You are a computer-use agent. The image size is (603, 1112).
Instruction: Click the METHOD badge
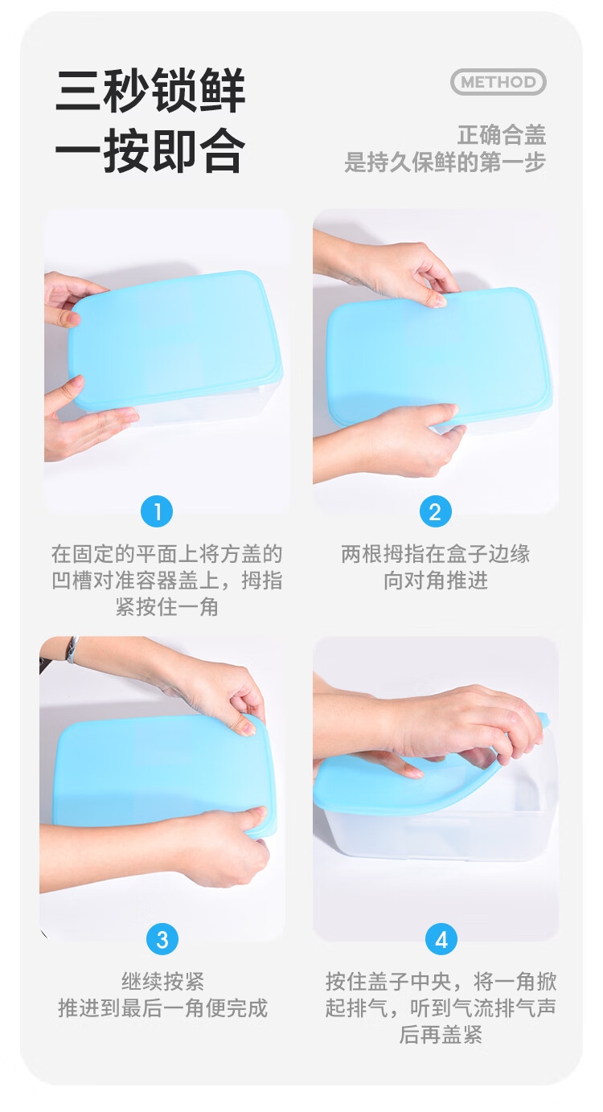pos(498,82)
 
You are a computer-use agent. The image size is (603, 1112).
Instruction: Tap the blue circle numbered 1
pos(157,511)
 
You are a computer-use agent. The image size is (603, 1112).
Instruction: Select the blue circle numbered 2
pos(435,511)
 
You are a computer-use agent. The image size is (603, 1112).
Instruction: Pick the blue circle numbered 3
pos(162,939)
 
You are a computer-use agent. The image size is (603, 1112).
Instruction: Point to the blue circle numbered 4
pos(441,939)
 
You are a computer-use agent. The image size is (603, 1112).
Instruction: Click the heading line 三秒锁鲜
pos(151,91)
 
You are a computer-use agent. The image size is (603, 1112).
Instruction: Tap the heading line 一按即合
pos(151,150)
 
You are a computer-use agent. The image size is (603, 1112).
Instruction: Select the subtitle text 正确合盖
pos(502,135)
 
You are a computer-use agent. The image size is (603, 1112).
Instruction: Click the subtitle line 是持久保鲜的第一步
pos(445,162)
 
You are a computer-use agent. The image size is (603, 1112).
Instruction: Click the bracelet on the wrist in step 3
pos(72,649)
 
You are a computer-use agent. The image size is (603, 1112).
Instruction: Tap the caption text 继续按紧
pos(162,982)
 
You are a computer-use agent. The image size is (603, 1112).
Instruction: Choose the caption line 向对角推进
pos(435,580)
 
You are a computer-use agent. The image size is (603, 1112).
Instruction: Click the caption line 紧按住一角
pos(166,606)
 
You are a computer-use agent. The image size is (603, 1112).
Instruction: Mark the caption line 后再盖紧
pos(441,1035)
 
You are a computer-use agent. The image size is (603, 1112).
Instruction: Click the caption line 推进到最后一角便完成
pos(162,1007)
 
